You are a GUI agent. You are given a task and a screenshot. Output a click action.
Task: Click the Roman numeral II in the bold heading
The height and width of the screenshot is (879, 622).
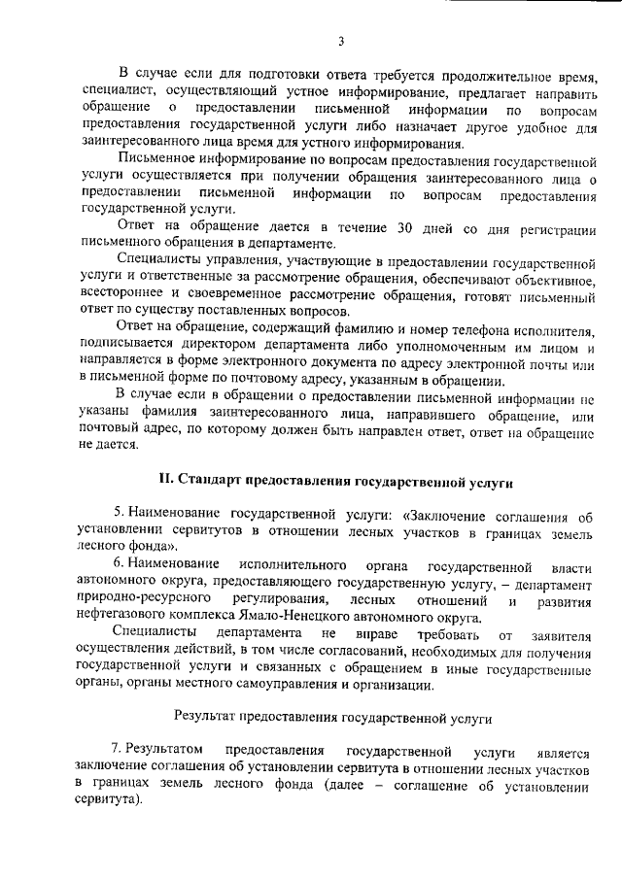tap(165, 481)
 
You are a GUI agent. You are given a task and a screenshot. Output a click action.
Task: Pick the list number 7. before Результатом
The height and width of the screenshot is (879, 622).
tap(118, 752)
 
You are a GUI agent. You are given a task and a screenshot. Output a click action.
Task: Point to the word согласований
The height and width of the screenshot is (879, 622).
tap(346, 651)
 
